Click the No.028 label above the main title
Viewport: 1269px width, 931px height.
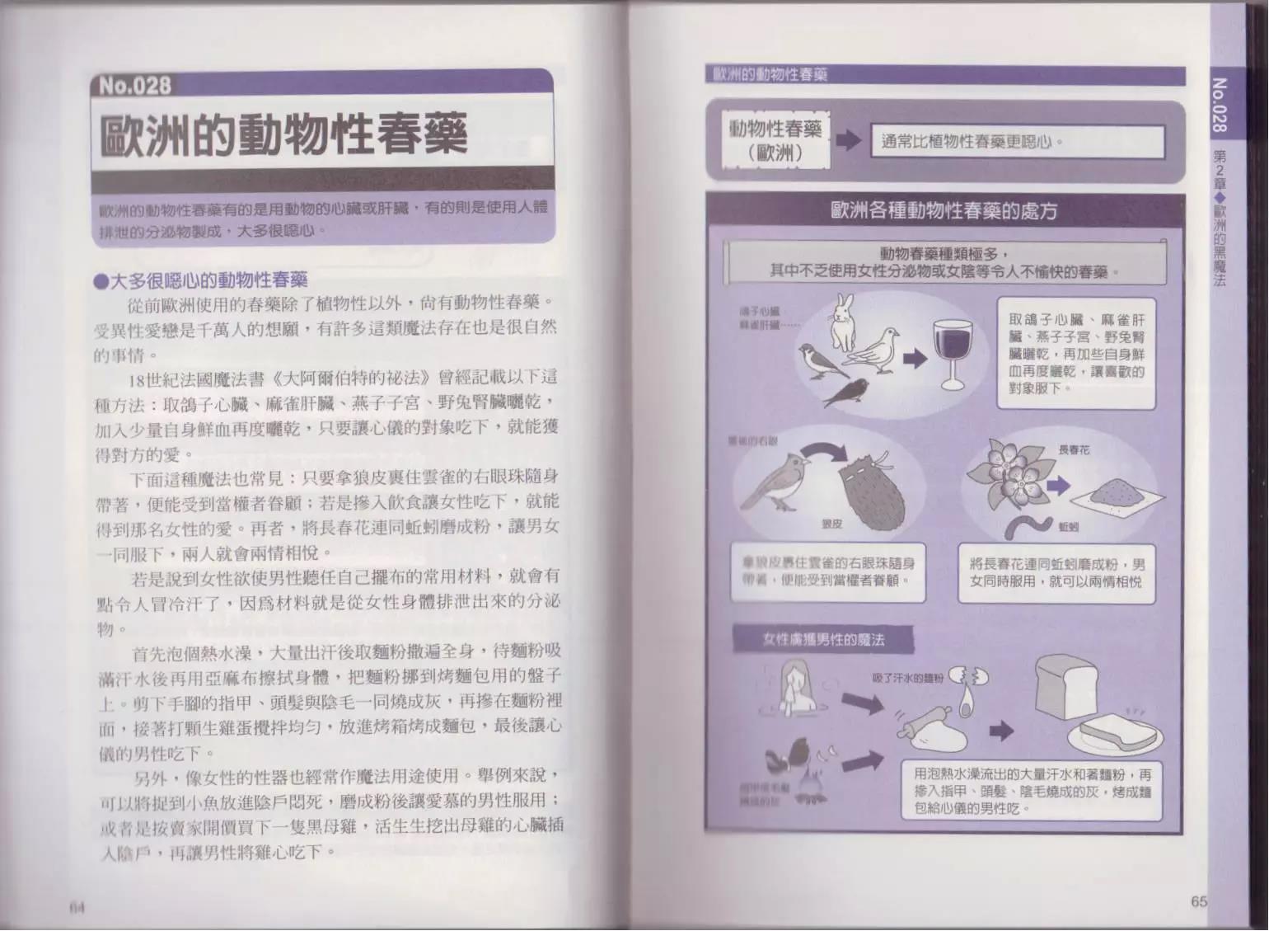tap(135, 86)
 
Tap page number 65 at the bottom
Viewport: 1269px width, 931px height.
tap(1199, 901)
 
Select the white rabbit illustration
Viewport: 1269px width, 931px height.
tap(843, 325)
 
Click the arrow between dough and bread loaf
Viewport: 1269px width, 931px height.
tap(1001, 730)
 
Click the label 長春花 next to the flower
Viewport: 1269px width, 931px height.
tap(1074, 450)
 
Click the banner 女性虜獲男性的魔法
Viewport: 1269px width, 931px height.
tap(812, 639)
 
